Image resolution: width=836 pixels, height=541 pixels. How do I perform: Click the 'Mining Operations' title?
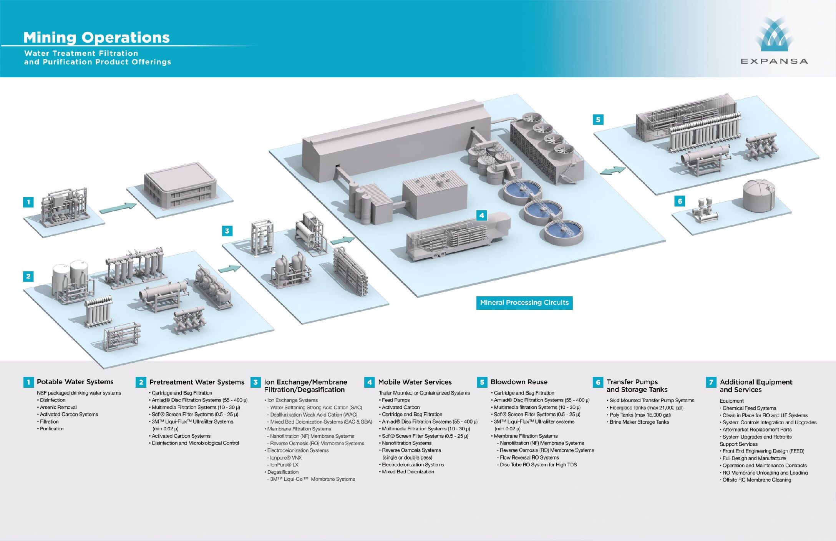click(x=96, y=38)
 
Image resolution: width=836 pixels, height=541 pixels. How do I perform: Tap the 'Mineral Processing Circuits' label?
click(x=524, y=303)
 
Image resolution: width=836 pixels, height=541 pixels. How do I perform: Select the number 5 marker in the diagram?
click(x=598, y=119)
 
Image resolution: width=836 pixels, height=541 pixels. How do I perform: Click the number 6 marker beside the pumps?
click(x=680, y=201)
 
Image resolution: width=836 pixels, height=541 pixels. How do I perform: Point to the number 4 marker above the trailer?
click(x=481, y=215)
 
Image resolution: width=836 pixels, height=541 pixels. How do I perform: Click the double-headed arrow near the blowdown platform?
click(x=612, y=170)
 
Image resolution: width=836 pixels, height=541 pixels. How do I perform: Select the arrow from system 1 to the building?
click(x=118, y=208)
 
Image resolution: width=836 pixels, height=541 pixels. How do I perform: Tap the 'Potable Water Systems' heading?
click(x=75, y=382)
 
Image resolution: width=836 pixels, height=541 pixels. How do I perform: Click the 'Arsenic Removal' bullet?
click(x=58, y=407)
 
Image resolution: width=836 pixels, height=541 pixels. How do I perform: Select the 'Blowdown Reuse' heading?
click(x=519, y=382)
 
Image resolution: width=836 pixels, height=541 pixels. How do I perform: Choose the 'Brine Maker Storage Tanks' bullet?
click(x=639, y=422)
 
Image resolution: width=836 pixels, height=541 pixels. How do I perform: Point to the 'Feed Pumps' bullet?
click(x=395, y=400)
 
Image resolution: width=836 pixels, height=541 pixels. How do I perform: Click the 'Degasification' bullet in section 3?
click(x=283, y=472)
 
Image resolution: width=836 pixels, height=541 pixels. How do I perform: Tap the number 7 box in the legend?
click(x=711, y=382)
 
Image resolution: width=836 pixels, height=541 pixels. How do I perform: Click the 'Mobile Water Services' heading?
click(x=415, y=382)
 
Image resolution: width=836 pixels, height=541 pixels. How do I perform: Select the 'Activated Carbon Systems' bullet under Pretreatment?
click(x=181, y=436)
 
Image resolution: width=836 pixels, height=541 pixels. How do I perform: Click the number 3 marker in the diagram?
click(x=227, y=231)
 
